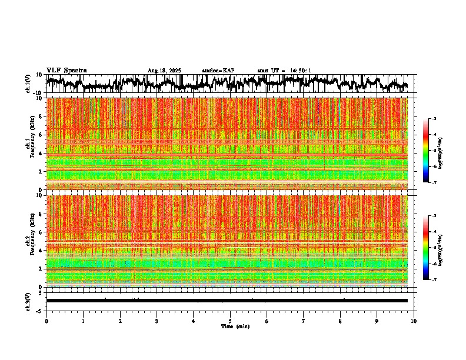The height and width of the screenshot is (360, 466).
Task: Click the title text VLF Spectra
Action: (x=66, y=70)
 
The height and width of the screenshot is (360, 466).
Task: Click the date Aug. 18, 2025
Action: (x=164, y=71)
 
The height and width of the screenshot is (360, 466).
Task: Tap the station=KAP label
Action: (x=218, y=71)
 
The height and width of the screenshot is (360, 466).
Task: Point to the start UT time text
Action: (x=284, y=71)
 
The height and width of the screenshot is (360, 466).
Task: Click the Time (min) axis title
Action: (x=235, y=326)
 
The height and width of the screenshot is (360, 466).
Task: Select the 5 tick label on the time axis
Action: (x=230, y=321)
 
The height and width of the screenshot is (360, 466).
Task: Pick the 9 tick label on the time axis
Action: (x=377, y=321)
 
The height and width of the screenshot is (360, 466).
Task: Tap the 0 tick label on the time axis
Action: (x=46, y=321)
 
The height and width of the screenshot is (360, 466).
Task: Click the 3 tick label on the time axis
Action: (x=157, y=321)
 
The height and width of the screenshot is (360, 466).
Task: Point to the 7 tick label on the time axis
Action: (x=304, y=321)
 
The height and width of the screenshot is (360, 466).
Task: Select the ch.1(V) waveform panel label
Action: (x=28, y=84)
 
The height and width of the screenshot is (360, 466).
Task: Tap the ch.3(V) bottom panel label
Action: (x=28, y=300)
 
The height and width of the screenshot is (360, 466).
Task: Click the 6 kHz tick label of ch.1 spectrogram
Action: (x=39, y=135)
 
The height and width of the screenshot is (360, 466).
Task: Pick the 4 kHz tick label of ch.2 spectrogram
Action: (x=39, y=250)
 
